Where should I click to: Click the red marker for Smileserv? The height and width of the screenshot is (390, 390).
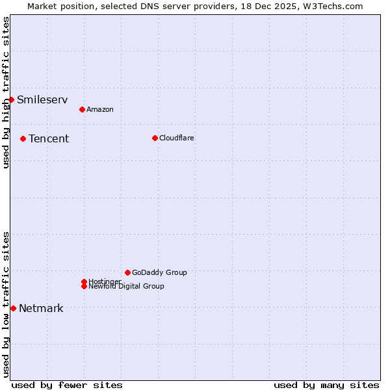point(11,99)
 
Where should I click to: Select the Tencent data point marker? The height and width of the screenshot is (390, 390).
point(23,138)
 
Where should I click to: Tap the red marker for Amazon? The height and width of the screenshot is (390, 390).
point(82,109)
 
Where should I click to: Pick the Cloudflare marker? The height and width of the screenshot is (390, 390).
point(155,138)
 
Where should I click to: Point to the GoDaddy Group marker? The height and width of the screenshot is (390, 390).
point(127,272)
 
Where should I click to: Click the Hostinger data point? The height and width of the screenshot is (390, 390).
point(84,281)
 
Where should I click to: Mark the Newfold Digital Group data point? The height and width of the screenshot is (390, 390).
point(84,286)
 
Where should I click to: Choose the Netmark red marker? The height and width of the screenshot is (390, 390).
point(13,308)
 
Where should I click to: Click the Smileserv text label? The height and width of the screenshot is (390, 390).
point(42,99)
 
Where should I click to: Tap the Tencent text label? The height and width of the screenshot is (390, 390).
point(49,138)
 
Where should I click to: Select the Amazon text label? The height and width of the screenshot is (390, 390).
point(100,109)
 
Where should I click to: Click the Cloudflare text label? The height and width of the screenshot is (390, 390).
point(177,138)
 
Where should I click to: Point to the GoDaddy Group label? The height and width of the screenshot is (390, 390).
point(159,272)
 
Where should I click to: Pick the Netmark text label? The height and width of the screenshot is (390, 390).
point(41,308)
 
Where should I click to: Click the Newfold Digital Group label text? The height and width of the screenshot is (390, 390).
point(127,286)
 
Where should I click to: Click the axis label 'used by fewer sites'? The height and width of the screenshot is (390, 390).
point(67,385)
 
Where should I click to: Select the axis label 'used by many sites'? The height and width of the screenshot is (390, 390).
point(326,385)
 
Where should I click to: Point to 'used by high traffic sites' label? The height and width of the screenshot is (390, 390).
point(6,92)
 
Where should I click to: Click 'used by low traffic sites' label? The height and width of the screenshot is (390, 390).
point(6,304)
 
